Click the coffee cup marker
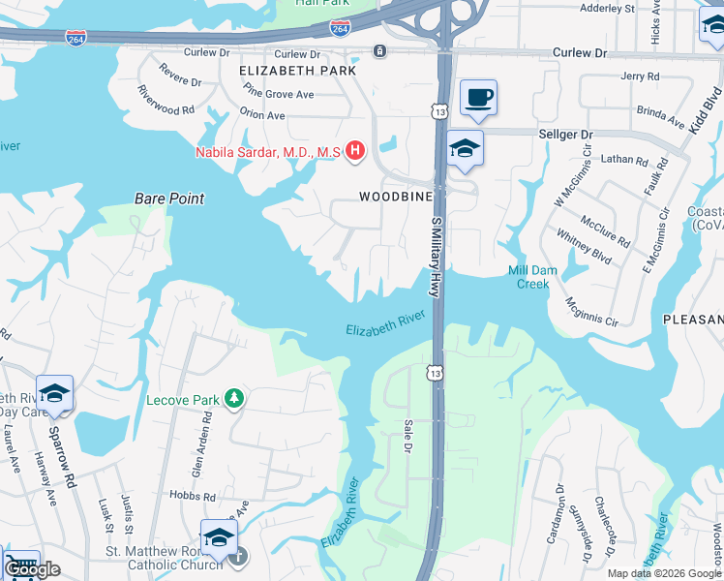pyautogui.click(x=478, y=98)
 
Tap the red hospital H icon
pyautogui.click(x=355, y=151)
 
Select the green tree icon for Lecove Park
pyautogui.click(x=232, y=398)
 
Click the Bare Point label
pyautogui.click(x=169, y=199)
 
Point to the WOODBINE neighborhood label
pyautogui.click(x=394, y=196)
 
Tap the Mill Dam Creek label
pyautogui.click(x=528, y=277)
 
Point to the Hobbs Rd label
pyautogui.click(x=196, y=496)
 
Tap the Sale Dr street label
pyautogui.click(x=408, y=435)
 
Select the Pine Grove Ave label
pyautogui.click(x=279, y=94)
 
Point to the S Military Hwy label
pyautogui.click(x=437, y=254)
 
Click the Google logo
pyautogui.click(x=31, y=569)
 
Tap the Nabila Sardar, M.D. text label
pyautogui.click(x=269, y=152)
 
